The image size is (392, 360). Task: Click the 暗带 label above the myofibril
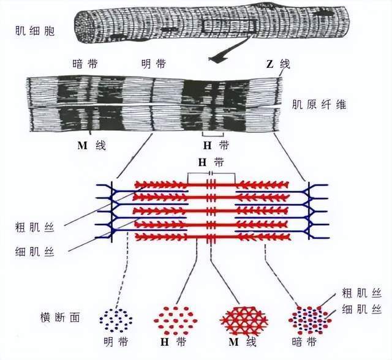(x=85, y=64)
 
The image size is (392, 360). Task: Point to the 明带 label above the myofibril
(x=153, y=64)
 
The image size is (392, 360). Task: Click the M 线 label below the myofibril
(x=91, y=145)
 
